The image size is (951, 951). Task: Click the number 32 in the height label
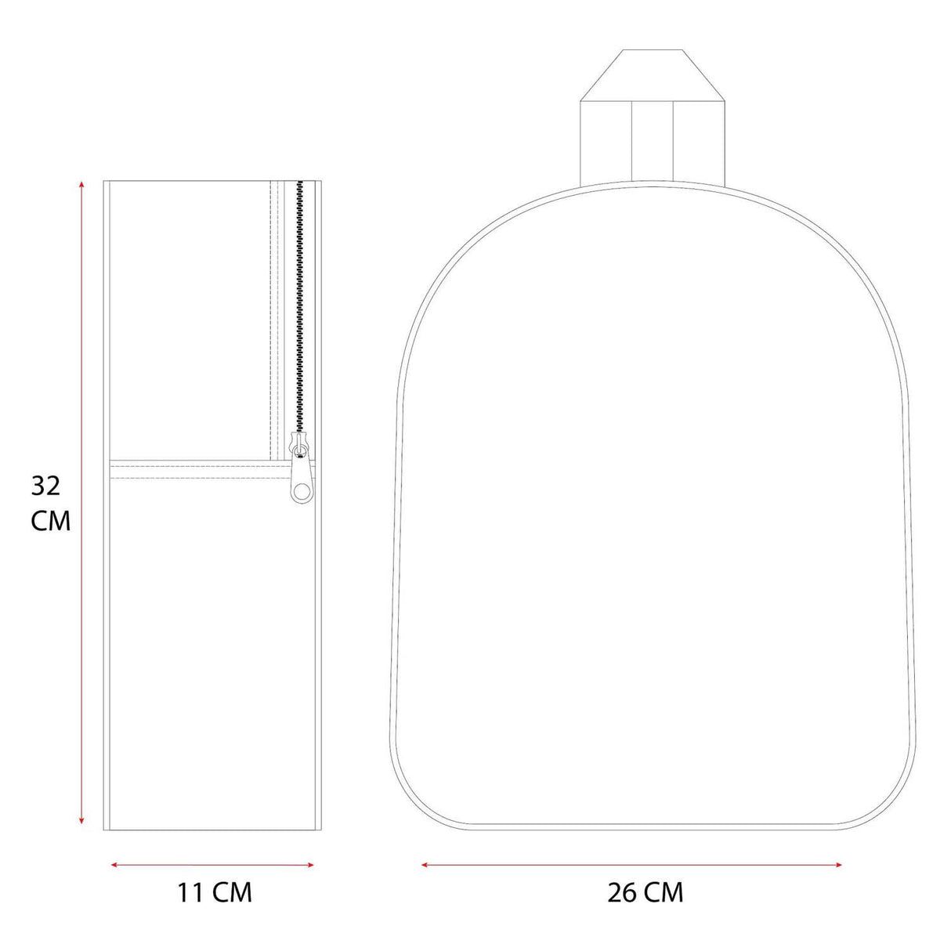pos(46,486)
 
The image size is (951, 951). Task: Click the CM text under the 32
pos(51,521)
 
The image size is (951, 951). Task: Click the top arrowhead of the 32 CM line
pos(82,185)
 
